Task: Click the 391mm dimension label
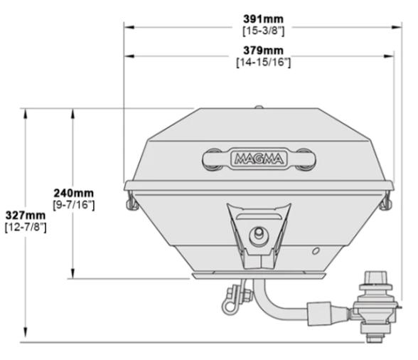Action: click(x=259, y=17)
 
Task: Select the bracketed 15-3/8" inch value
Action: click(x=259, y=29)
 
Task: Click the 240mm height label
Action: click(x=75, y=193)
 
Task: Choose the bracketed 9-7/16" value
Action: click(x=75, y=205)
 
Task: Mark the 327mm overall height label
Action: click(x=24, y=216)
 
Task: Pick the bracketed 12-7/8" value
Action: click(x=24, y=227)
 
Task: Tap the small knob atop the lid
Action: click(x=259, y=108)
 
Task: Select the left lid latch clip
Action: click(x=130, y=202)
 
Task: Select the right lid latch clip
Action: click(x=386, y=202)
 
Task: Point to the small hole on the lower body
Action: click(x=315, y=250)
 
